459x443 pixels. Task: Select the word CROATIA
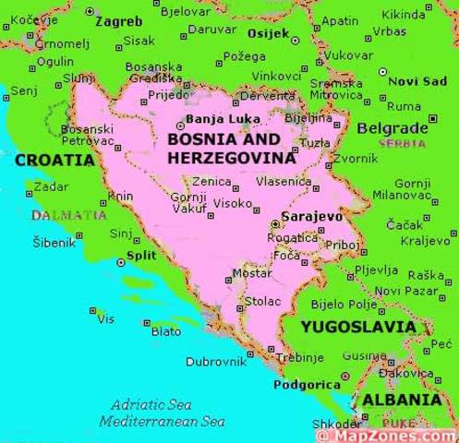coord(54,160)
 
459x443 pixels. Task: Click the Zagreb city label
coord(119,20)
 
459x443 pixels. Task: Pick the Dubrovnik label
coord(216,362)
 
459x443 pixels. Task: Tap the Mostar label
coord(251,273)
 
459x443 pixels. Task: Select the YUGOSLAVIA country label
coord(358,327)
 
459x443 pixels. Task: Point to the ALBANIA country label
coord(401,400)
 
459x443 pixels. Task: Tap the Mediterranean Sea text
coord(163,421)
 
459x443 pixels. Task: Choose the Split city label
coord(141,256)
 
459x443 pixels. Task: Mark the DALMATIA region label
coord(69,215)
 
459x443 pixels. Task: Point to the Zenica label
coord(211,183)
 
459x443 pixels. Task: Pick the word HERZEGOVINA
coord(232,158)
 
